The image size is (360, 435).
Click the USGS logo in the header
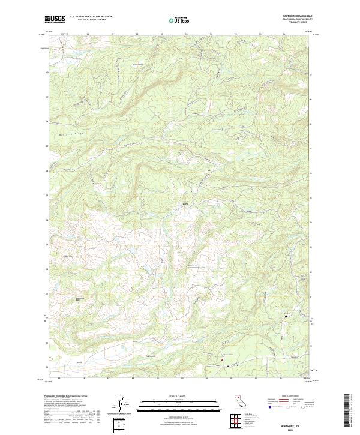54,19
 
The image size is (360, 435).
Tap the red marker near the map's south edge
223,358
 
